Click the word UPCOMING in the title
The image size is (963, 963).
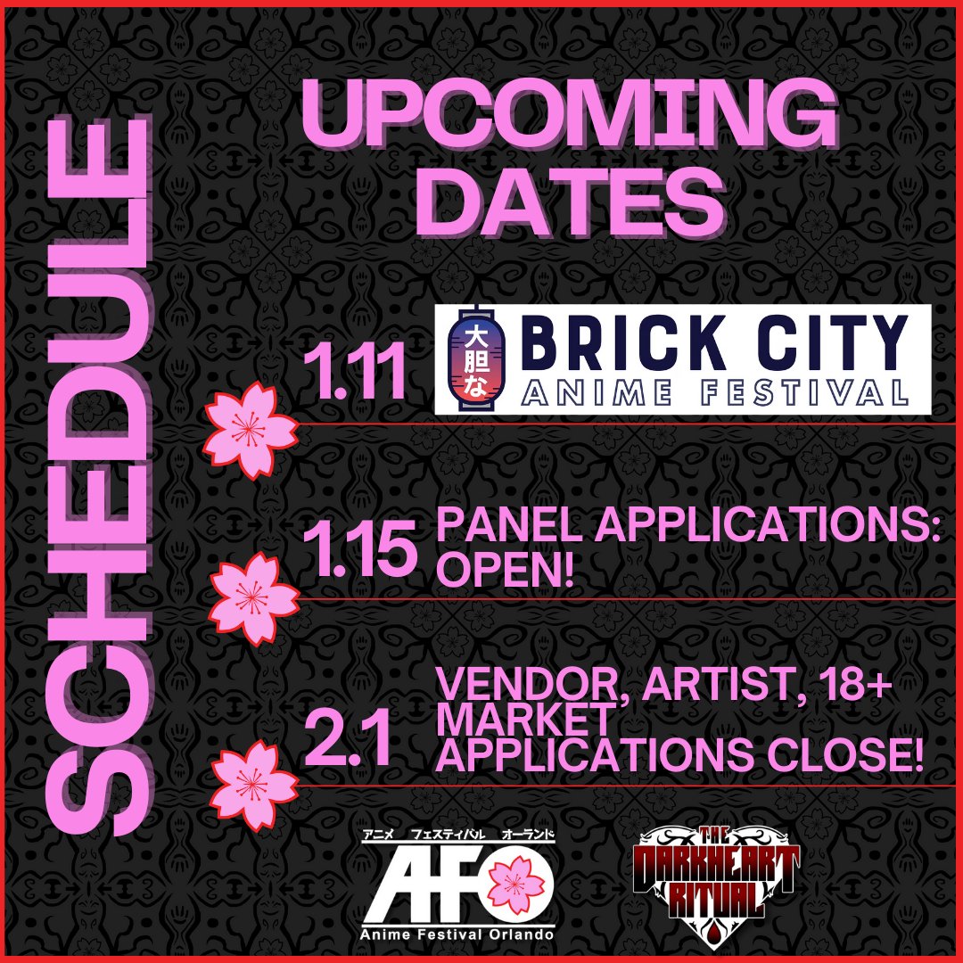pos(568,117)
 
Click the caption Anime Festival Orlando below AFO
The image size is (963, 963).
pos(458,934)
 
